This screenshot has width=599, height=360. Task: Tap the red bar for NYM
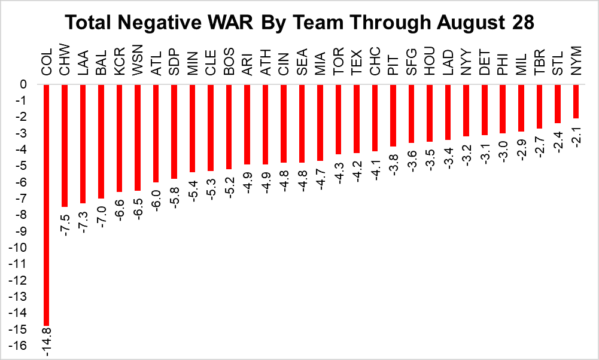[576, 101]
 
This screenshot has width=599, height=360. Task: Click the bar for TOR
[339, 120]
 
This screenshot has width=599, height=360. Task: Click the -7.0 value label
[101, 216]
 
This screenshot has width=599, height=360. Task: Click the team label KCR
[119, 62]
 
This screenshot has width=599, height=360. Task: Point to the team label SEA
[302, 62]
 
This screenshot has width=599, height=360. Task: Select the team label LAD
[448, 62]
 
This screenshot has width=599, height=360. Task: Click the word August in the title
[473, 23]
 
